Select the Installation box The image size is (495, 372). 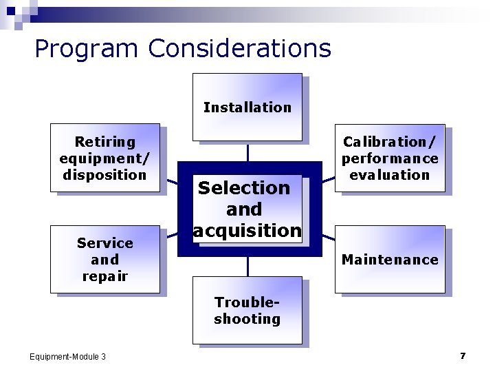pos(247,107)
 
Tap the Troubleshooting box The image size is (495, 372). pos(247,310)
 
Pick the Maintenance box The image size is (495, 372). pos(390,259)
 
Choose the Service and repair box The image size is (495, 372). pos(104,259)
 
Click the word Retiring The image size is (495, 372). pos(104,142)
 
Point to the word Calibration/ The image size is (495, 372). pos(390,142)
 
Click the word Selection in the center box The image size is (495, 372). pos(244,187)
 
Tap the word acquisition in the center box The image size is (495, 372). pos(247,231)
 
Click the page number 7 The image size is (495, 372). pos(463,355)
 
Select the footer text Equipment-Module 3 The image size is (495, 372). pos(67,356)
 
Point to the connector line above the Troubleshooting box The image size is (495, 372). pos(247,267)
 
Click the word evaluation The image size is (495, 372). pos(390,175)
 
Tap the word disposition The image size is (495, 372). pos(104,175)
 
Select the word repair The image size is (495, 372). pos(104,276)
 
